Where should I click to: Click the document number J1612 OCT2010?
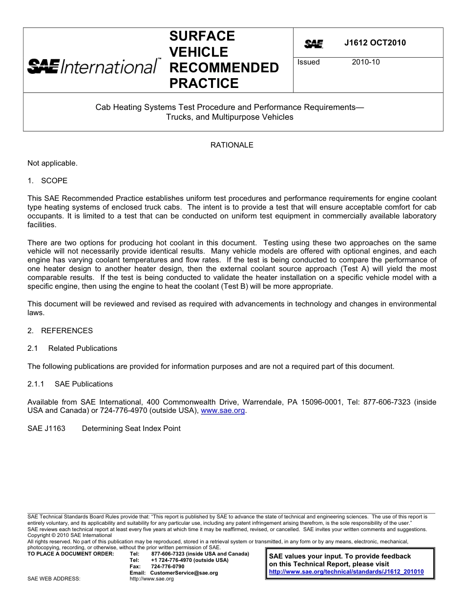375,43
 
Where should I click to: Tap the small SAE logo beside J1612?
314,44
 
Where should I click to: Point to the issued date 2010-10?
365,62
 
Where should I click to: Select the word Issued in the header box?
308,62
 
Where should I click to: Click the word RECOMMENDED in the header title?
224,67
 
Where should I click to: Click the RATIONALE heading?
232,145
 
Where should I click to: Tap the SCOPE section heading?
54,181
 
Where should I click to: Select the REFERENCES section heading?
66,331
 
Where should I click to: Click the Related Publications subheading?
83,348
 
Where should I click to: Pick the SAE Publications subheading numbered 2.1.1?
84,384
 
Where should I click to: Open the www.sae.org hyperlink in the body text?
223,411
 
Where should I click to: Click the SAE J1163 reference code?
46,429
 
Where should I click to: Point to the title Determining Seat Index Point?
131,429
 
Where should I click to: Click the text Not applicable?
52,163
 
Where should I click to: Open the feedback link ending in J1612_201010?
346,572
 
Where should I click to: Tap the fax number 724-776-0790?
168,566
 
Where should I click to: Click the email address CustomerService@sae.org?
184,573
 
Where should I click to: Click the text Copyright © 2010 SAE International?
69,536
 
